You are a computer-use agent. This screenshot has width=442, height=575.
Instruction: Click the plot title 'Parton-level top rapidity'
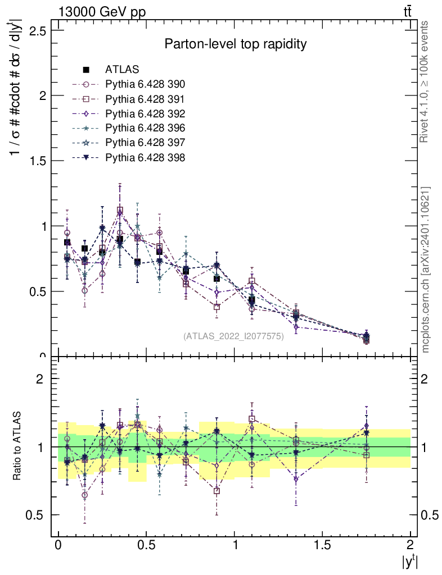tap(235, 44)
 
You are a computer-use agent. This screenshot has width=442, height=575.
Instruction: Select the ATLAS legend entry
tap(122, 70)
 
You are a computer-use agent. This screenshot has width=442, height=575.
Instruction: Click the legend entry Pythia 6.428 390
tap(145, 84)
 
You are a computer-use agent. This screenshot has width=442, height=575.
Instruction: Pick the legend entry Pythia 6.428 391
tap(145, 99)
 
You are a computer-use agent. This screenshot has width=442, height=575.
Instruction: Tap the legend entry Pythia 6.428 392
tap(145, 113)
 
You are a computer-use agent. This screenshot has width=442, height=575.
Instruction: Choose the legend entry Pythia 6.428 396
tap(145, 128)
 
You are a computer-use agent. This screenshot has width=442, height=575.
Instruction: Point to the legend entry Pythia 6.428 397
tap(145, 143)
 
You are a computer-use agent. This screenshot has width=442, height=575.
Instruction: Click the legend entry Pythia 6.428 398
tap(145, 157)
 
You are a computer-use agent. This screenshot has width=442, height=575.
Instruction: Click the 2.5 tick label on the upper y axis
tap(34, 30)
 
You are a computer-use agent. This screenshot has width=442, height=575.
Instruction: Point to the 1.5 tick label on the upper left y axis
tap(34, 161)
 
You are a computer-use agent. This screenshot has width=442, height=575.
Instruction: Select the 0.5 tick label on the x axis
tap(146, 545)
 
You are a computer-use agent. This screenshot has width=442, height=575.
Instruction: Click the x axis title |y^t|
tap(409, 562)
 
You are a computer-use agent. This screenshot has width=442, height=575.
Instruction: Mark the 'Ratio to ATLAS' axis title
tap(19, 446)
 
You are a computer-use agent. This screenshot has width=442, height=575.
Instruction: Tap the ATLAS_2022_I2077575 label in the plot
tap(233, 336)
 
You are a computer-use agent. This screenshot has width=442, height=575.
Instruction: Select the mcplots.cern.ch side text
tap(426, 270)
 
